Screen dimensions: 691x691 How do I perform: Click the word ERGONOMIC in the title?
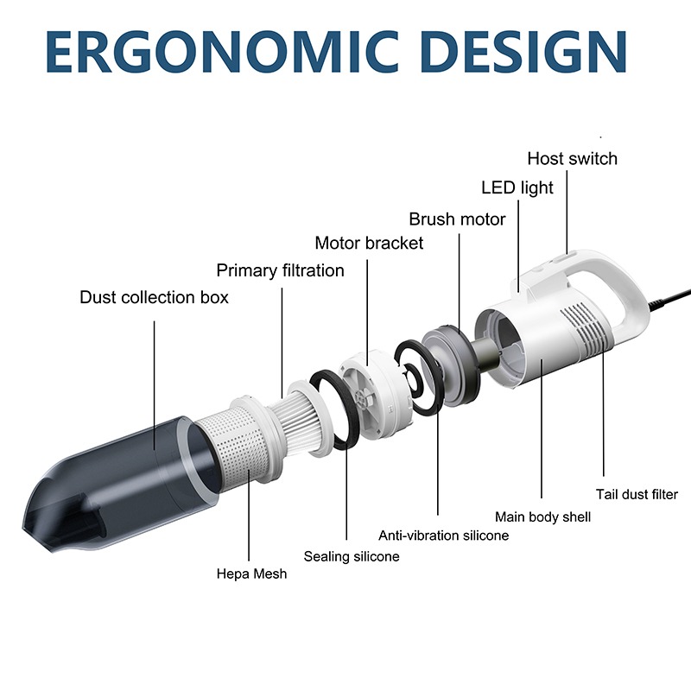pyautogui.click(x=222, y=52)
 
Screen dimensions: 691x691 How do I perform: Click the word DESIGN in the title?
pyautogui.click(x=524, y=52)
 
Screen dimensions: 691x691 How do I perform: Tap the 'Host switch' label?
pyautogui.click(x=572, y=159)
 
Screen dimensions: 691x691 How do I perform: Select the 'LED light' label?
pyautogui.click(x=517, y=188)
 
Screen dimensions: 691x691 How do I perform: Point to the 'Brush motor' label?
pyautogui.click(x=457, y=219)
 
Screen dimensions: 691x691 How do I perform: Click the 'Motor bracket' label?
pyautogui.click(x=369, y=243)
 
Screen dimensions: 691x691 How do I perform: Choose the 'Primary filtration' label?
pyautogui.click(x=280, y=270)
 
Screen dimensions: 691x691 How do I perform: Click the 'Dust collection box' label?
pyautogui.click(x=155, y=297)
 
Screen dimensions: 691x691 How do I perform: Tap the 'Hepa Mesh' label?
pyautogui.click(x=251, y=574)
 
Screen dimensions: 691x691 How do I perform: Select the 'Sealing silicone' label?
pyautogui.click(x=352, y=556)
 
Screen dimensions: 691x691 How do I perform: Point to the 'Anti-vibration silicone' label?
pyautogui.click(x=443, y=536)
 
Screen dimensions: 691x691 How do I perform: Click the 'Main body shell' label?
pyautogui.click(x=542, y=517)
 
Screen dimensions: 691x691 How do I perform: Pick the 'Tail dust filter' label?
pyautogui.click(x=637, y=494)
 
